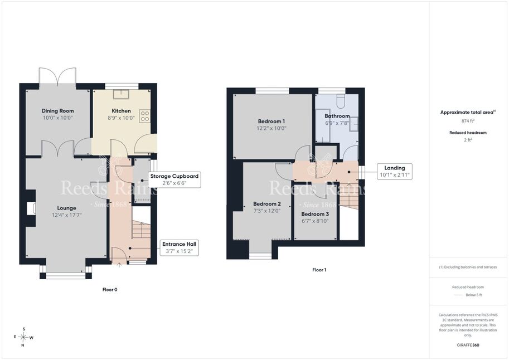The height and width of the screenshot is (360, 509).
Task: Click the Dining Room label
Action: click(x=57, y=111)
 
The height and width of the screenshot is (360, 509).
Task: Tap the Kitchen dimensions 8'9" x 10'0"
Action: click(x=121, y=118)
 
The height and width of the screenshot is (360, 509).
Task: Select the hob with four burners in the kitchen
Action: click(x=145, y=116)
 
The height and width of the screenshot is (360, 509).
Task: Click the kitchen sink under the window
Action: click(x=121, y=94)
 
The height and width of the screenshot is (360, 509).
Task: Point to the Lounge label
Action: click(x=66, y=208)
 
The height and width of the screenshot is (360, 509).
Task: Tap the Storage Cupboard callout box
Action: click(x=174, y=179)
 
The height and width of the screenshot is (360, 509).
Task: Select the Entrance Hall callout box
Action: click(x=179, y=247)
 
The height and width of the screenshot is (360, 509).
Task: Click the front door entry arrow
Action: click(x=119, y=265)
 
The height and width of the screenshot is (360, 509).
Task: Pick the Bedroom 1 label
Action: click(x=272, y=121)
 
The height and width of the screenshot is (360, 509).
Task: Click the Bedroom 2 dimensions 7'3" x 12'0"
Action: click(x=267, y=211)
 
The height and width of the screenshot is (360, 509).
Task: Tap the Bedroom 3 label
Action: click(x=315, y=214)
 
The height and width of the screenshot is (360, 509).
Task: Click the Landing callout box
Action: click(x=394, y=172)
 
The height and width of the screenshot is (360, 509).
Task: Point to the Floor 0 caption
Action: click(x=110, y=290)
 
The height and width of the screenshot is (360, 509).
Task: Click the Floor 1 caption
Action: click(x=319, y=270)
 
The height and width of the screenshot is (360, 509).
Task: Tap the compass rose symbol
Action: click(x=23, y=337)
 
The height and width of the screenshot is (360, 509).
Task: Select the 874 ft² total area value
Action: click(x=468, y=121)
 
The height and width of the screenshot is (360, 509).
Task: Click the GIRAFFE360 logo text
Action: click(x=468, y=345)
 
